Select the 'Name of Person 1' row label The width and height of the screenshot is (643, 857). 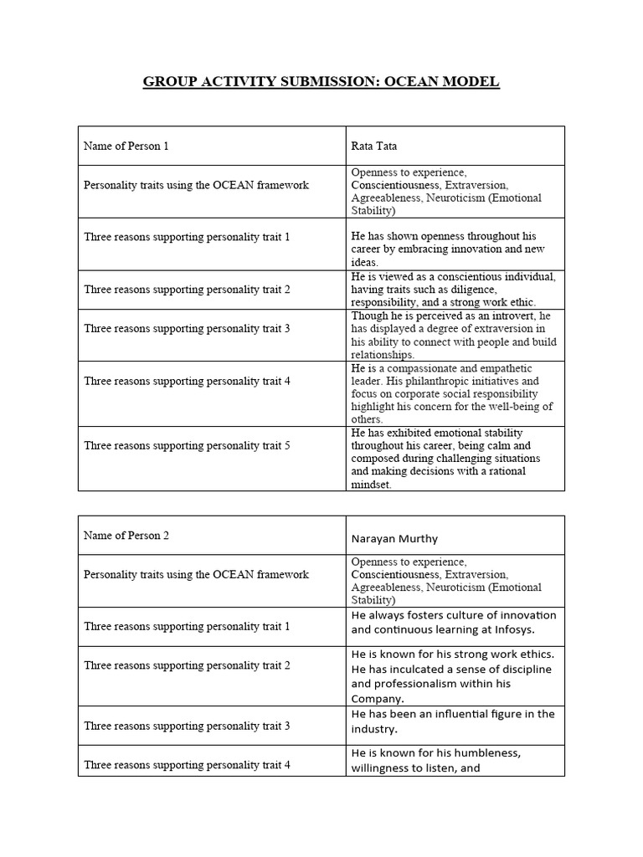pyautogui.click(x=126, y=146)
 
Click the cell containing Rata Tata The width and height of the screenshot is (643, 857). pyautogui.click(x=373, y=146)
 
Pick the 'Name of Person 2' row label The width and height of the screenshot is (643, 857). pyautogui.click(x=126, y=536)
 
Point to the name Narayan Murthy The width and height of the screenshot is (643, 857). pyautogui.click(x=394, y=538)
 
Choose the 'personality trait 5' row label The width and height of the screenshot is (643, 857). pyautogui.click(x=186, y=446)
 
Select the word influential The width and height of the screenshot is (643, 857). pyautogui.click(x=445, y=714)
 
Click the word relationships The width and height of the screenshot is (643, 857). pyautogui.click(x=382, y=355)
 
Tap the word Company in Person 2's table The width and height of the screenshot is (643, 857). pyautogui.click(x=377, y=699)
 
